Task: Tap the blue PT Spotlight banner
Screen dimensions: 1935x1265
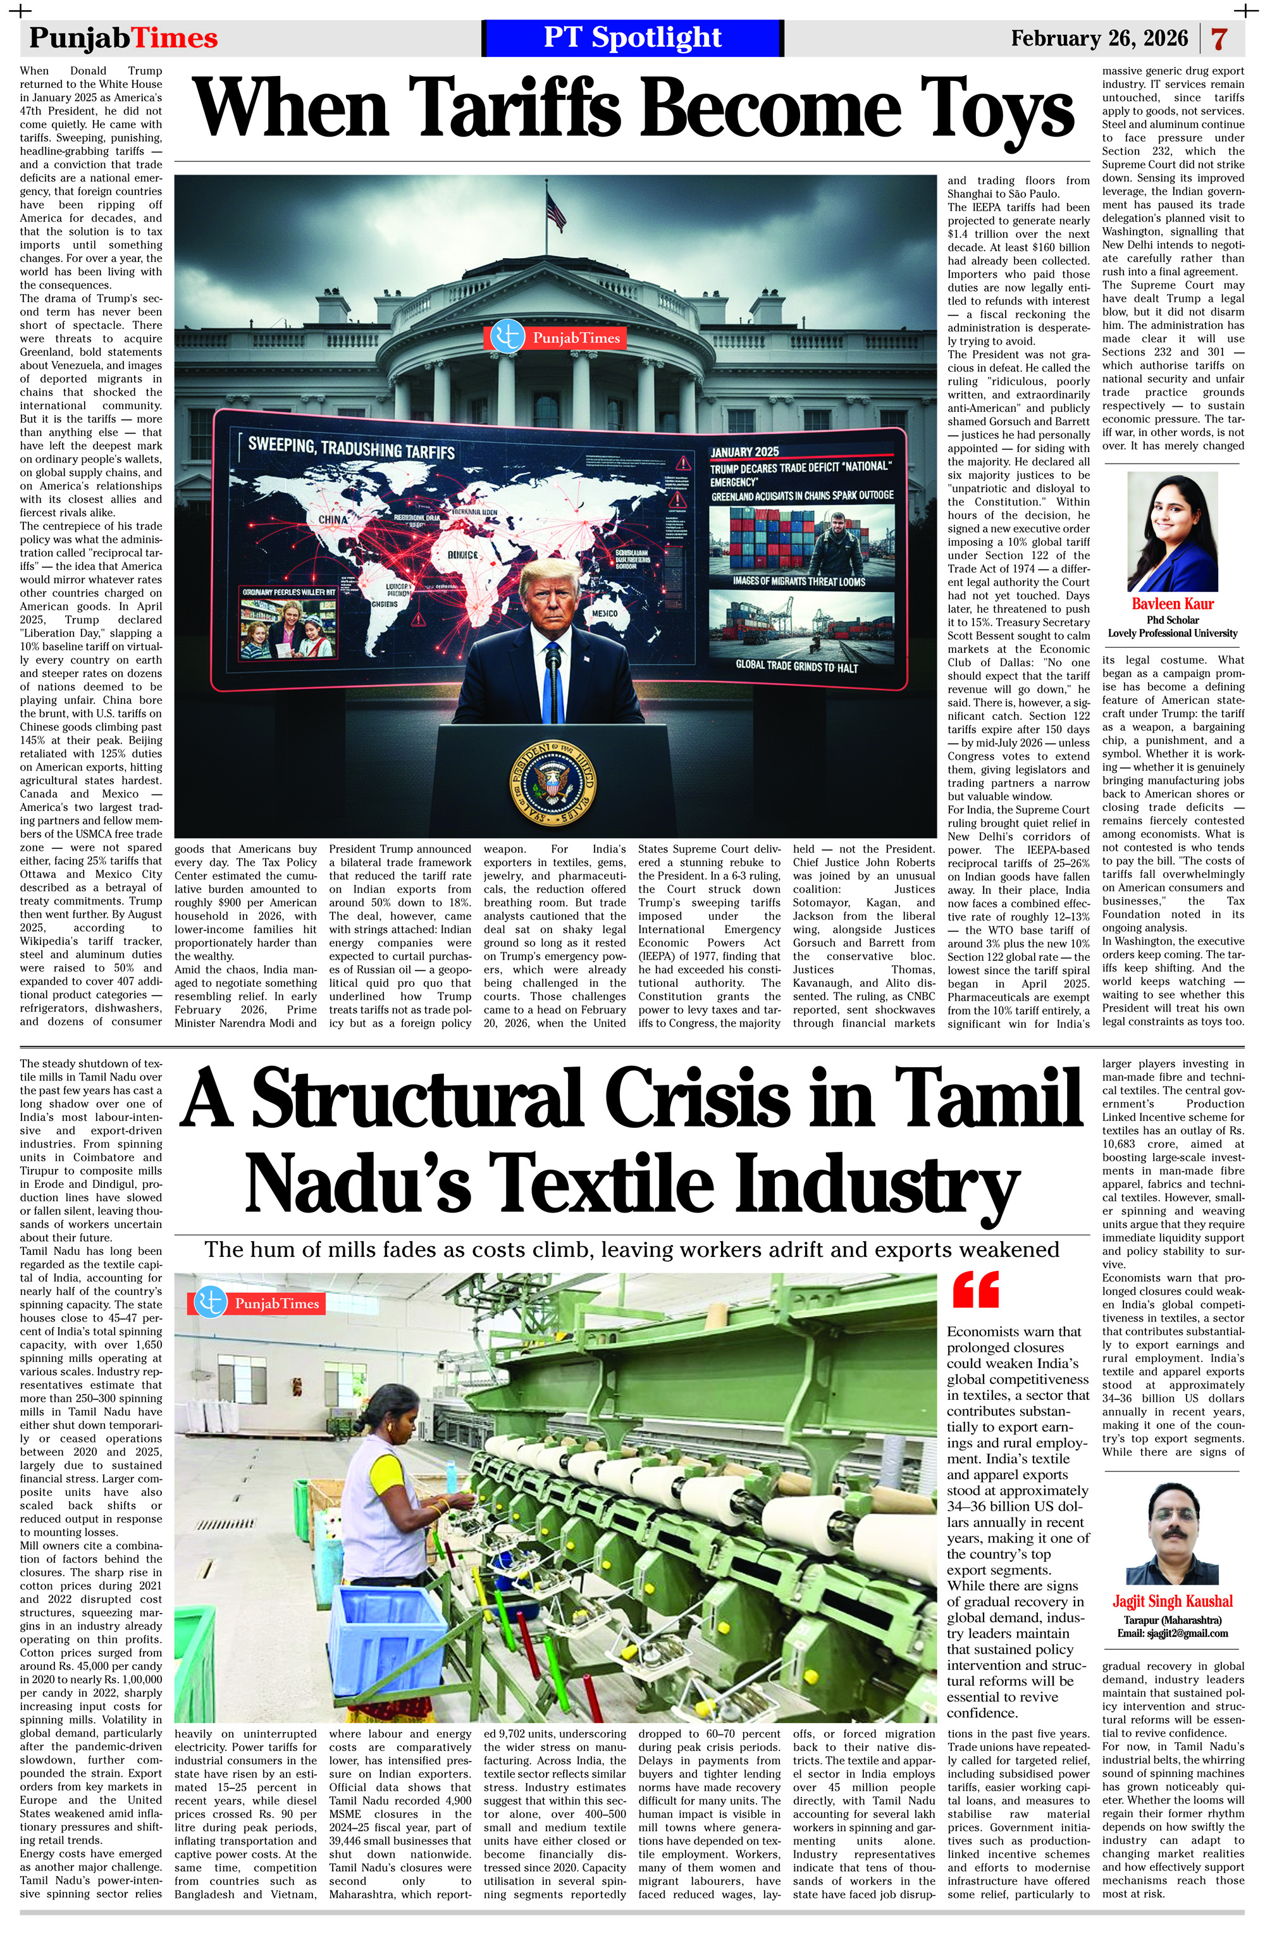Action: point(632,38)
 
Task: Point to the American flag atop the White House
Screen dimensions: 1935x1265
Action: point(556,211)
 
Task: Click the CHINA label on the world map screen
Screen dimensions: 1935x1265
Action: point(334,518)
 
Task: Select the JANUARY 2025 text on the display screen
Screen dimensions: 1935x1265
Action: point(744,451)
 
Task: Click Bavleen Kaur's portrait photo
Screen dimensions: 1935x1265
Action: point(1172,532)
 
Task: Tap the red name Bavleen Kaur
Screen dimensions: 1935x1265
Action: point(1172,603)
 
